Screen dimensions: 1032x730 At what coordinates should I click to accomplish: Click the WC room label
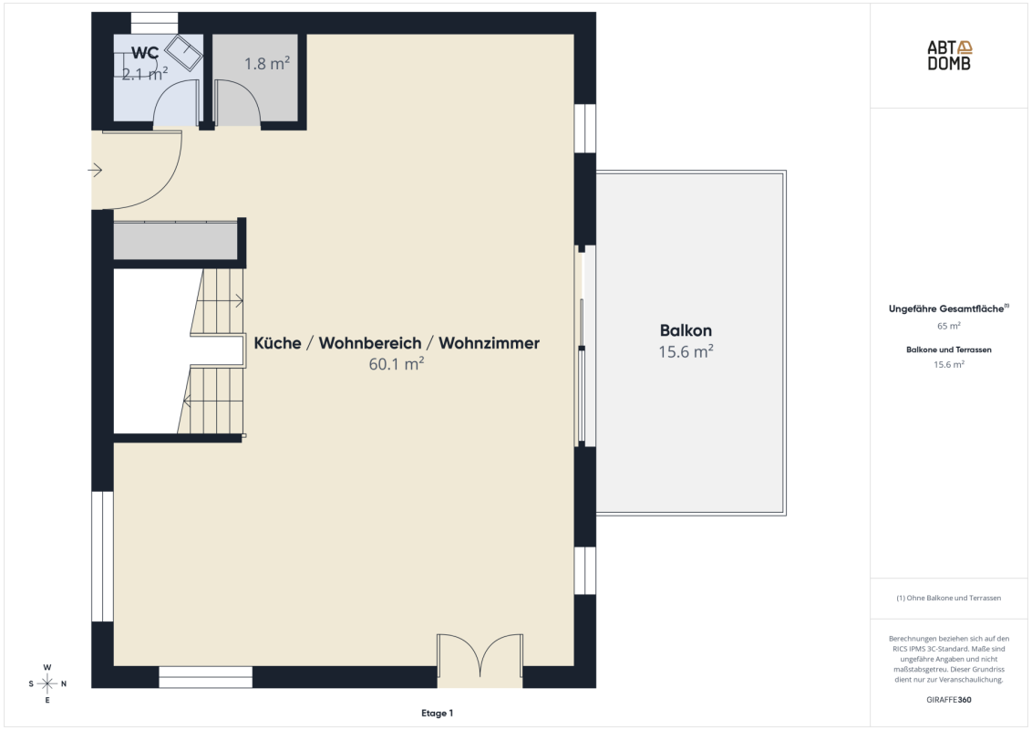pos(145,53)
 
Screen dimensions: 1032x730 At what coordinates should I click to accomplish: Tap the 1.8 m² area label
pos(267,63)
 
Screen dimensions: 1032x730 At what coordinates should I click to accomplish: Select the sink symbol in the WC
pos(183,53)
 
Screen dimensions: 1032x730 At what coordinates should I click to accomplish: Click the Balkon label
pos(686,330)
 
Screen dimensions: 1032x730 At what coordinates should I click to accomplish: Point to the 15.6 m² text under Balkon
pos(686,351)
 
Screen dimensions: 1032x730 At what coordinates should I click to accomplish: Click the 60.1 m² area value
pos(397,364)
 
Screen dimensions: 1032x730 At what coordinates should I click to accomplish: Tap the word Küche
pos(277,342)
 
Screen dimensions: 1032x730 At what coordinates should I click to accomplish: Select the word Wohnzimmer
pos(489,342)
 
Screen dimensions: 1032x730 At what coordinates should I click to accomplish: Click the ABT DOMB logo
pos(949,56)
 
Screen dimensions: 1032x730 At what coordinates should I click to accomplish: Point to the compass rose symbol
pos(47,683)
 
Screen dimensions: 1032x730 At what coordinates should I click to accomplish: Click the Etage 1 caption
pos(437,713)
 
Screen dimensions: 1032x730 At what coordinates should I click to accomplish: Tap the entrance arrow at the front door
pos(95,170)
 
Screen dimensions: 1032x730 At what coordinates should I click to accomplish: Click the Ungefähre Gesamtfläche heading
pos(948,308)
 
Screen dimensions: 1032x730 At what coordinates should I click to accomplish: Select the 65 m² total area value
pos(949,326)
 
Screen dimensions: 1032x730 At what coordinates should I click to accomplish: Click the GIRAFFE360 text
pos(949,700)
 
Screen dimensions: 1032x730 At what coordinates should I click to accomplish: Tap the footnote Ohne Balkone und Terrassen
pos(948,598)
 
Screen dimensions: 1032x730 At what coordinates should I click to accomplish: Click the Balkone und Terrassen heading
pos(948,349)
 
